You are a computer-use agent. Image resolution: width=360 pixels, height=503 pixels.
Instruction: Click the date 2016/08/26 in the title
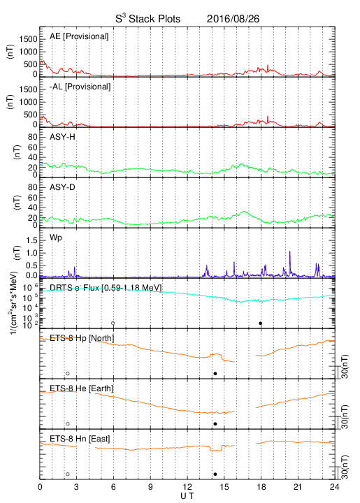[x=233, y=19]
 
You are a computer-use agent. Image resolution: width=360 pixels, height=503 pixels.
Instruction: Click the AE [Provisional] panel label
[x=79, y=36]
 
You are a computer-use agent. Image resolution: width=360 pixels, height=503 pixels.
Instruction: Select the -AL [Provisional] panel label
[x=80, y=87]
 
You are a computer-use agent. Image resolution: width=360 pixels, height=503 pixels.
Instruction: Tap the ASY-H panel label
[x=62, y=137]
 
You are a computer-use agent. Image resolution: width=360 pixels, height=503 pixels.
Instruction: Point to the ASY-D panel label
[x=62, y=187]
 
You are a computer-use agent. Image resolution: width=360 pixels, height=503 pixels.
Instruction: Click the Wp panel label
[x=56, y=238]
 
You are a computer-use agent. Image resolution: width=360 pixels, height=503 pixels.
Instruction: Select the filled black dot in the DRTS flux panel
[x=261, y=323]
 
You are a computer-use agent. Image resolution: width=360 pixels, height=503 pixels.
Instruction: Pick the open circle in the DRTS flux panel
[x=113, y=323]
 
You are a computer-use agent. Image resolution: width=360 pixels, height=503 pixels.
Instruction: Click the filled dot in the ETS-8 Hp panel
[x=215, y=373]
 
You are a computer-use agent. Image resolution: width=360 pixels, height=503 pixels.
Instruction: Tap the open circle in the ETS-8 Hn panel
[x=68, y=474]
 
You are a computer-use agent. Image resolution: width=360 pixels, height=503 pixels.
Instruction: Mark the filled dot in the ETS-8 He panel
[x=215, y=424]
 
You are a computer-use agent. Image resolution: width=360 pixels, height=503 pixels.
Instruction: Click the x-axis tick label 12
[x=187, y=487]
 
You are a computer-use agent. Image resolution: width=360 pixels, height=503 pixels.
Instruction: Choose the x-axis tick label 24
[x=335, y=487]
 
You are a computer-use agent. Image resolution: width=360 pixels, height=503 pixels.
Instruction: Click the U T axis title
[x=187, y=496]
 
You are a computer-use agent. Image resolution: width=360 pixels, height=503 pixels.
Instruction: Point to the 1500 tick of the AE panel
[x=28, y=39]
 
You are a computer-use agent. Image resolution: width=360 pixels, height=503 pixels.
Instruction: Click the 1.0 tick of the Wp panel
[x=31, y=253]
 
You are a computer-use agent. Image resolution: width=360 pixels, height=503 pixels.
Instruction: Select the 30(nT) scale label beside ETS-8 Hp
[x=345, y=366]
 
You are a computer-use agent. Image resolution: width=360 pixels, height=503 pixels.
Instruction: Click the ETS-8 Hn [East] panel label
[x=80, y=439]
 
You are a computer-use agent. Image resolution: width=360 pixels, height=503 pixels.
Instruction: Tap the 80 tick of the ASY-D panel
[x=33, y=187]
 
